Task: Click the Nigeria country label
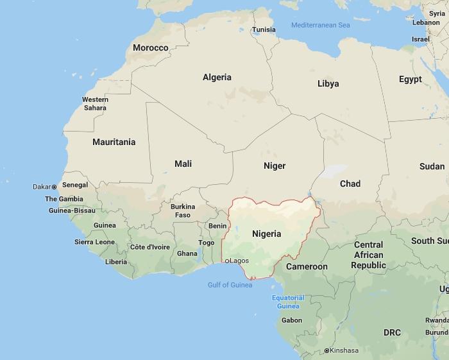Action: tap(266, 234)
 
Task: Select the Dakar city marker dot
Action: tap(54, 187)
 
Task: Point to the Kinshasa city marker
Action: tap(326, 350)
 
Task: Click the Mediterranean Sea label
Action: tap(320, 25)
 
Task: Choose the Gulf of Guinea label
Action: tap(230, 284)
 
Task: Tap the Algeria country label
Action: tap(217, 77)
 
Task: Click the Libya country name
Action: tap(328, 83)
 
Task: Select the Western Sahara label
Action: tap(95, 103)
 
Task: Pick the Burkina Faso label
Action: tap(183, 210)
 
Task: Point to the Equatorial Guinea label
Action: tap(288, 302)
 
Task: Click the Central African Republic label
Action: tap(368, 255)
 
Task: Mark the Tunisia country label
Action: tap(264, 30)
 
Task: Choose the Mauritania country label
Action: tap(114, 142)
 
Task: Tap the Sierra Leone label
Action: tap(94, 242)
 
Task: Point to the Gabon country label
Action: tap(291, 320)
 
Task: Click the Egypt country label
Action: tap(410, 79)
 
